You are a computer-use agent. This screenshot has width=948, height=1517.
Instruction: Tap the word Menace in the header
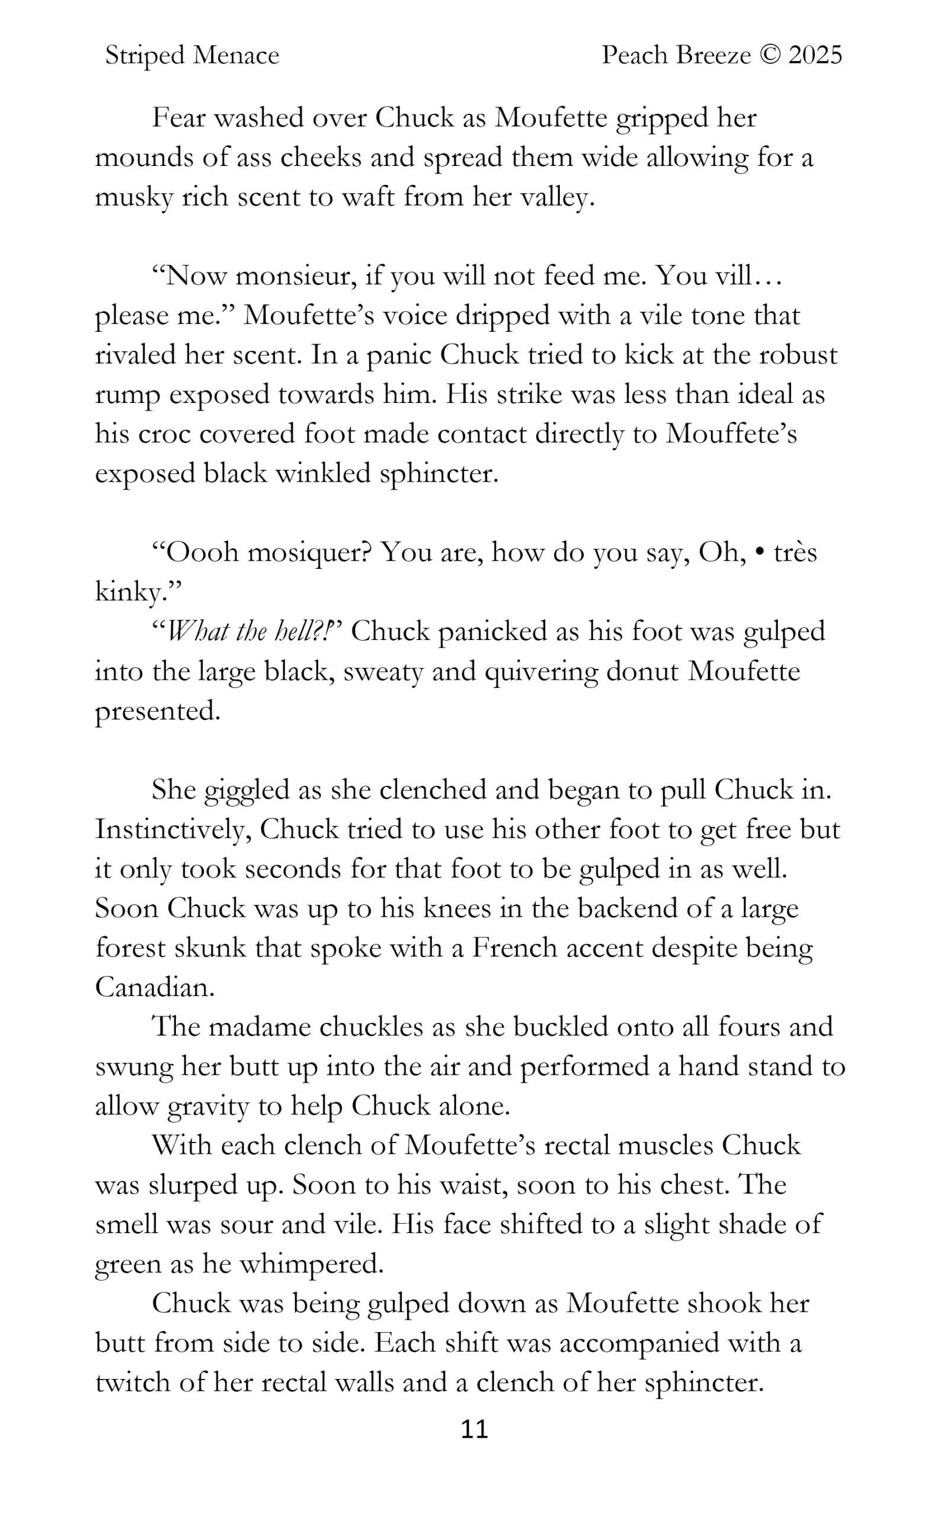tap(236, 56)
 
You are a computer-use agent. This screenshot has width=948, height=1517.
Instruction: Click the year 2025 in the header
tap(815, 56)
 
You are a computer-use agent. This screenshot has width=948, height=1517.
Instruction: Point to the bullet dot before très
tap(760, 553)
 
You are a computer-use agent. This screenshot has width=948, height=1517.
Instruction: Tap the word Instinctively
tap(173, 830)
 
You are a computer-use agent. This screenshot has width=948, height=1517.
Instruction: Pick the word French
tap(514, 948)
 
